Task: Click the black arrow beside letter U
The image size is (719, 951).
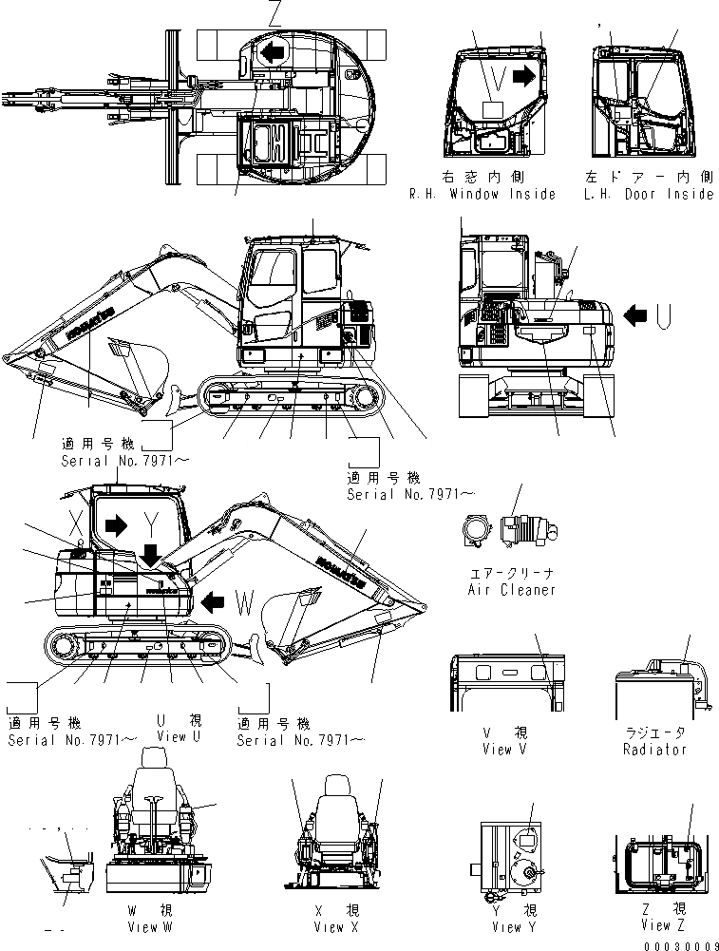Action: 639,314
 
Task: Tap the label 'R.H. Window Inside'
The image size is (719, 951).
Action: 482,194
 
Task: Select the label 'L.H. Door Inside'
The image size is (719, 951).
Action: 650,194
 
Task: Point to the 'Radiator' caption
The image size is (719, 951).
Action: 655,749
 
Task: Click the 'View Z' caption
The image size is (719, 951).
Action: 655,924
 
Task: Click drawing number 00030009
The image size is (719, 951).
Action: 677,945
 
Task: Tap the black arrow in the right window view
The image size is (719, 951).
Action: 524,77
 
